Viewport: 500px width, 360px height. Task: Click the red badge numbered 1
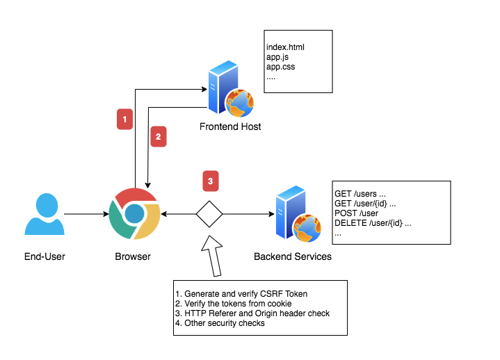[x=124, y=120]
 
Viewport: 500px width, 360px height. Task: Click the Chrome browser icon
[x=135, y=213]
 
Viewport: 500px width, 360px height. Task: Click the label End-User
[x=45, y=257]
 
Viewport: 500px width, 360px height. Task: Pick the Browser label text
[x=133, y=257]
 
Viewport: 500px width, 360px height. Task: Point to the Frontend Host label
[x=230, y=127]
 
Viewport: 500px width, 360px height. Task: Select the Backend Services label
[x=292, y=257]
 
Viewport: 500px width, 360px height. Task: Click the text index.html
[x=285, y=47]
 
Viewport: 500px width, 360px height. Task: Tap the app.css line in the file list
[x=281, y=67]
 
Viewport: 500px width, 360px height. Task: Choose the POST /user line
[x=356, y=213]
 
